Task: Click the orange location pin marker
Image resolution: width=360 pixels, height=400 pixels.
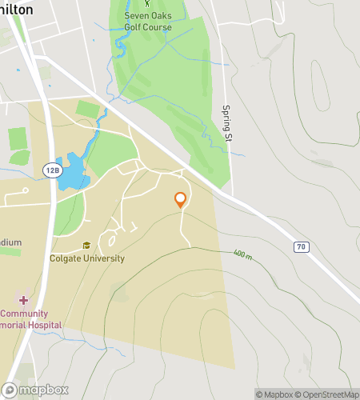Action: point(181,200)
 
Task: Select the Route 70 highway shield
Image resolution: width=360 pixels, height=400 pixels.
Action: point(301,247)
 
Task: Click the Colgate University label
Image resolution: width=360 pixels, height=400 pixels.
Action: point(87,258)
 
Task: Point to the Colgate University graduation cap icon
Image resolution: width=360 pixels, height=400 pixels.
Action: point(86,246)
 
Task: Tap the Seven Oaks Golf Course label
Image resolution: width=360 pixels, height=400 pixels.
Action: point(146,21)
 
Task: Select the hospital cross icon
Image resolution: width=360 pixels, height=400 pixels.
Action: point(23,300)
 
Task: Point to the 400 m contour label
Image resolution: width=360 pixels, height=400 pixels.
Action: point(242,255)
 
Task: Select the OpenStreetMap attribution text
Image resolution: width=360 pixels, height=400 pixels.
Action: point(327,394)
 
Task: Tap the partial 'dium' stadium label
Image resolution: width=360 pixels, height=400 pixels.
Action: point(10,242)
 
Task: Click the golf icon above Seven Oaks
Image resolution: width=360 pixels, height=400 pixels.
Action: point(146,3)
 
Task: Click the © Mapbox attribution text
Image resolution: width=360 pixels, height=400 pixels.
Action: point(274,394)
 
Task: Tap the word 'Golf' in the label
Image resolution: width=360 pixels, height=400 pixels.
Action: point(134,26)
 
